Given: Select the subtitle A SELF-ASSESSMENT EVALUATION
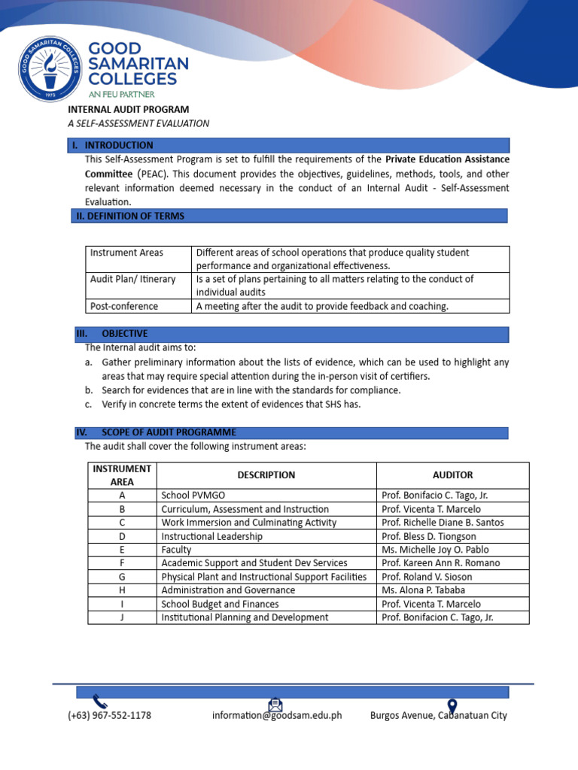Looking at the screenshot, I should coord(138,123).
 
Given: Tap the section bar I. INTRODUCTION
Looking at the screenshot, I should coord(291,145).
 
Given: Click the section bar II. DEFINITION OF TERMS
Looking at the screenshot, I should coord(289,216).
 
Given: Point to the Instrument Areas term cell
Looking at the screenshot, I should coord(126,253).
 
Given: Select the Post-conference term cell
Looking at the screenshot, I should coord(124,306).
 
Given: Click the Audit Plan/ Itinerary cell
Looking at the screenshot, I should coord(132,279).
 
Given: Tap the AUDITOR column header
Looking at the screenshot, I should coord(452,475).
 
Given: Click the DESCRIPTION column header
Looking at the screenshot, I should coord(266,475).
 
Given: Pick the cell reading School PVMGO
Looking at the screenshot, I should coord(193,496).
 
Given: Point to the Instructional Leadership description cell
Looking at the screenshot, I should coord(212,536).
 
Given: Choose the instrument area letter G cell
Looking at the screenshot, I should coord(122,577).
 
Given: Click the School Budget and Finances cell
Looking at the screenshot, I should coord(220,604).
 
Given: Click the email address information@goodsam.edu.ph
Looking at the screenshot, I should coord(277,716).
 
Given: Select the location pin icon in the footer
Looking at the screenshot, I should coord(452,705).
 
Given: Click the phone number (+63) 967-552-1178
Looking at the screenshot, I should coord(109,716).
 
